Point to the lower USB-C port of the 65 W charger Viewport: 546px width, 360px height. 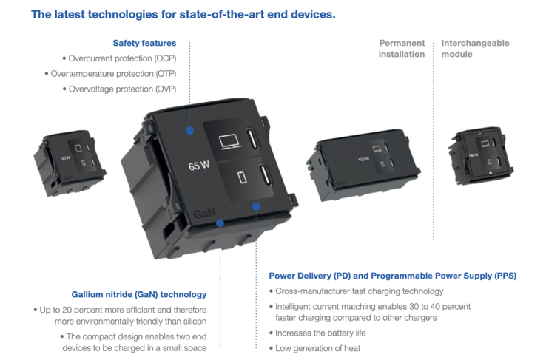point(264,176)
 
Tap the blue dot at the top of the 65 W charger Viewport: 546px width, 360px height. point(190,130)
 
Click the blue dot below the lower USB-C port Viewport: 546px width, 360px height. point(256,206)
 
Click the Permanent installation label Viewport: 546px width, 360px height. point(402,49)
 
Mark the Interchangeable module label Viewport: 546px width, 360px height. point(475,49)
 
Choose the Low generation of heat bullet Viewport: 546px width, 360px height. point(317,347)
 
